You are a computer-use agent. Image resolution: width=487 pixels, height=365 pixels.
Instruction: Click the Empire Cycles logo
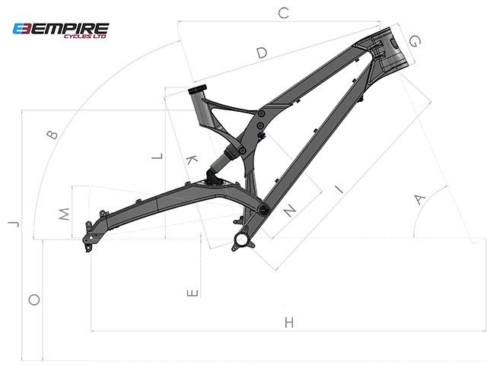pos(61,30)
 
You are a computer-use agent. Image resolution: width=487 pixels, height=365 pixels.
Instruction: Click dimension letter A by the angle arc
pos(419,199)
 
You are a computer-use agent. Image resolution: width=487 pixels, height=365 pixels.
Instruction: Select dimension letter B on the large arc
pos(53,135)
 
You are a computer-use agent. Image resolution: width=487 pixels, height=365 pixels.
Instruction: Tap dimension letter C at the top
pos(284,14)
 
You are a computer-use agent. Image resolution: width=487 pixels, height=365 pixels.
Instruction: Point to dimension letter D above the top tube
pos(262,52)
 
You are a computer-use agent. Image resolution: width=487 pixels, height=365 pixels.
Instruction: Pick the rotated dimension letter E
pos(193,293)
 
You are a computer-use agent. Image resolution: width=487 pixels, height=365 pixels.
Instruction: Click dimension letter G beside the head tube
pos(415,41)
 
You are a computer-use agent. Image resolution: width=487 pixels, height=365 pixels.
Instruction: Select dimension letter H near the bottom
pos(289,322)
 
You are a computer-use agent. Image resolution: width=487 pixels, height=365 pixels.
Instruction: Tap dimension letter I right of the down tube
pos(339,189)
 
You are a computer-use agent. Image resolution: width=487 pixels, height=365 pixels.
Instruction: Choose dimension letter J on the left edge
pos(14,224)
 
